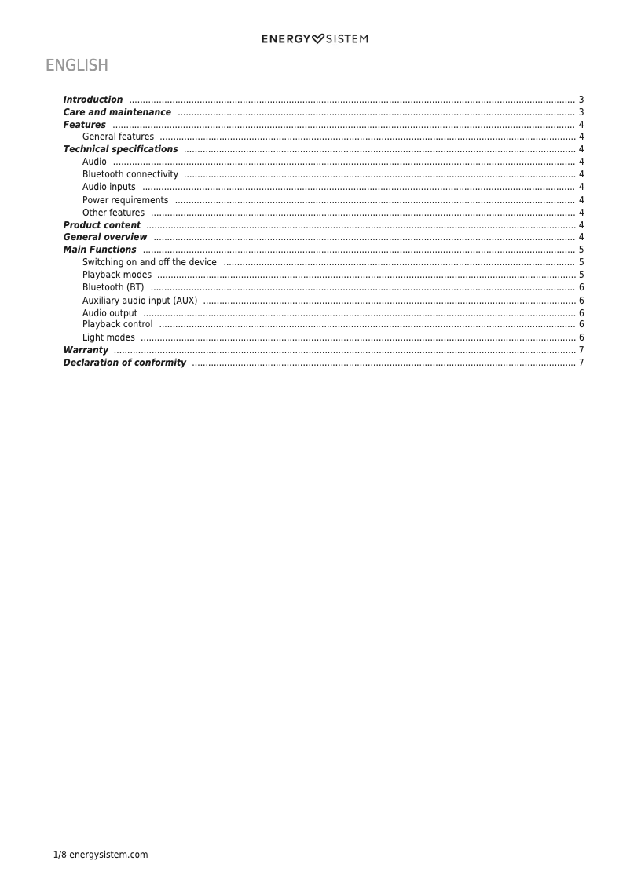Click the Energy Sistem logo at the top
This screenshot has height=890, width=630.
click(314, 38)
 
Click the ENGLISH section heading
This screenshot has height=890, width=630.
click(76, 65)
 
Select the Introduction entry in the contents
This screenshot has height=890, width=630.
click(93, 100)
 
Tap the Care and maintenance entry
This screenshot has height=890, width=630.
click(117, 112)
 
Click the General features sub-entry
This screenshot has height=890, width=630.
click(118, 137)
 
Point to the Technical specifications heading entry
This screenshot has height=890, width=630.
click(120, 149)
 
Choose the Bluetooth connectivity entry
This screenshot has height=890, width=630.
click(130, 174)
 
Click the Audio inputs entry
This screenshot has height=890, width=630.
click(109, 187)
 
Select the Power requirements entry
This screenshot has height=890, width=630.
click(125, 200)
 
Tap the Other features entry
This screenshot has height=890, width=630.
click(113, 213)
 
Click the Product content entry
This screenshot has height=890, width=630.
click(102, 225)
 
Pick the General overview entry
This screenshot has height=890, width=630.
click(105, 237)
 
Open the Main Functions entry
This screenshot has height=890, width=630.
click(100, 250)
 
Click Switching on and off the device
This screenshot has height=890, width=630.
click(149, 262)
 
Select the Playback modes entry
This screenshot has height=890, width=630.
click(117, 275)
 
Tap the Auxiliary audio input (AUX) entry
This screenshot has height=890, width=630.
click(140, 301)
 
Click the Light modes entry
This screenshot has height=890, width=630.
click(108, 337)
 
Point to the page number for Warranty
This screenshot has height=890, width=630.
click(581, 350)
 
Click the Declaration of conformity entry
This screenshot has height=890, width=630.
click(125, 363)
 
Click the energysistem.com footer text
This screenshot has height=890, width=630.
click(108, 855)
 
